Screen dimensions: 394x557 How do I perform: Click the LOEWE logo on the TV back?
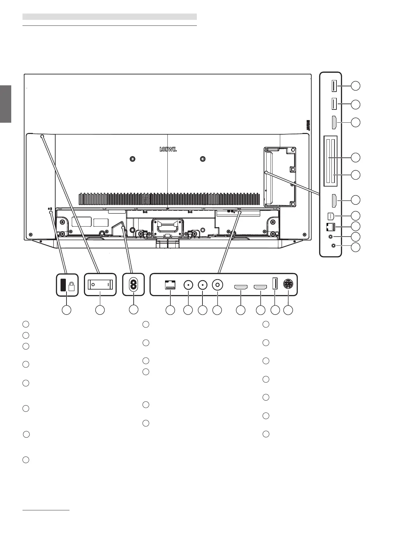[x=168, y=149]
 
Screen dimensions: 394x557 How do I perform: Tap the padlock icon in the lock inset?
[x=71, y=286]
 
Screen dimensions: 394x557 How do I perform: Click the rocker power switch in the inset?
[x=100, y=284]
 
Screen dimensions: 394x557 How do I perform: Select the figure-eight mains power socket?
[x=133, y=284]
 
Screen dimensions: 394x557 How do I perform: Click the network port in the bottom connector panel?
[x=170, y=284]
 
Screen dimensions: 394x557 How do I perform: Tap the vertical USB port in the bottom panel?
[x=274, y=284]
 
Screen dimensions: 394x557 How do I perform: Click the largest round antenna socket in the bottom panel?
[x=217, y=285]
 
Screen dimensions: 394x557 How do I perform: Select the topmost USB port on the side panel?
[x=334, y=86]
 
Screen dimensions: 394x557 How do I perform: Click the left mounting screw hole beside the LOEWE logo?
[x=132, y=159]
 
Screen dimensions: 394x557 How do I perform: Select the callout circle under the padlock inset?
[x=67, y=310]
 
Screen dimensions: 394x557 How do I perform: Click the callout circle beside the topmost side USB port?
[x=356, y=86]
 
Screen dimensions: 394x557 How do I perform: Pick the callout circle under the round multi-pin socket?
[x=288, y=310]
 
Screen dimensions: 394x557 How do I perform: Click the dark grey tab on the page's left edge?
[x=6, y=104]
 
